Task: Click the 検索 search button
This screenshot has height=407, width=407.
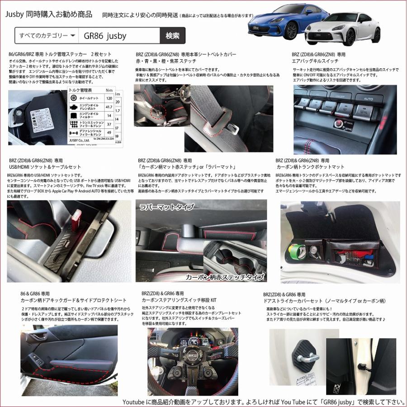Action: [172, 35]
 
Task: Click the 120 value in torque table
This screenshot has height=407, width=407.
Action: [109, 98]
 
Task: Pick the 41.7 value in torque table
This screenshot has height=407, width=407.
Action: [109, 107]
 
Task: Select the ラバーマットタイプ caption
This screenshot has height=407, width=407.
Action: [167, 207]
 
